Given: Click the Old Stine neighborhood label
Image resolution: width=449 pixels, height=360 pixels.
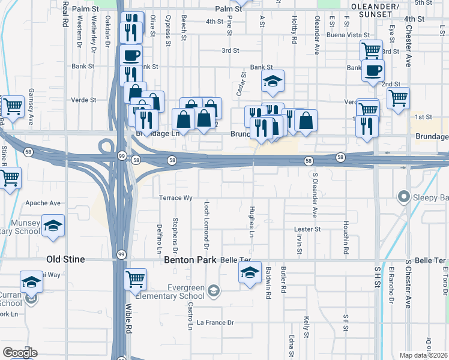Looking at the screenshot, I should pyautogui.click(x=65, y=259).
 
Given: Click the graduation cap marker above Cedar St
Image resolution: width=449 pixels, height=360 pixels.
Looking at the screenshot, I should pyautogui.click(x=273, y=81).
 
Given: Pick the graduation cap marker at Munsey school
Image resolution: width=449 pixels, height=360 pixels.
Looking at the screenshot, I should pyautogui.click(x=53, y=226).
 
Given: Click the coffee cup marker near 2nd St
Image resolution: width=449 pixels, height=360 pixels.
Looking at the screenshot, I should pyautogui.click(x=373, y=70).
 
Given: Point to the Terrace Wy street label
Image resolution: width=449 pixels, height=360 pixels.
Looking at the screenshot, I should pyautogui.click(x=175, y=197).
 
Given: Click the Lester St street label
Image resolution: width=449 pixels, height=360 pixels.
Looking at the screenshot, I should pyautogui.click(x=307, y=229).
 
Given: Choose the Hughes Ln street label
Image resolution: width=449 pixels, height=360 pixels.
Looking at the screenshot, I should pyautogui.click(x=252, y=223).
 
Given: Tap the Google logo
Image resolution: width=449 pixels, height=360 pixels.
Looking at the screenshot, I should pyautogui.click(x=19, y=353).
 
